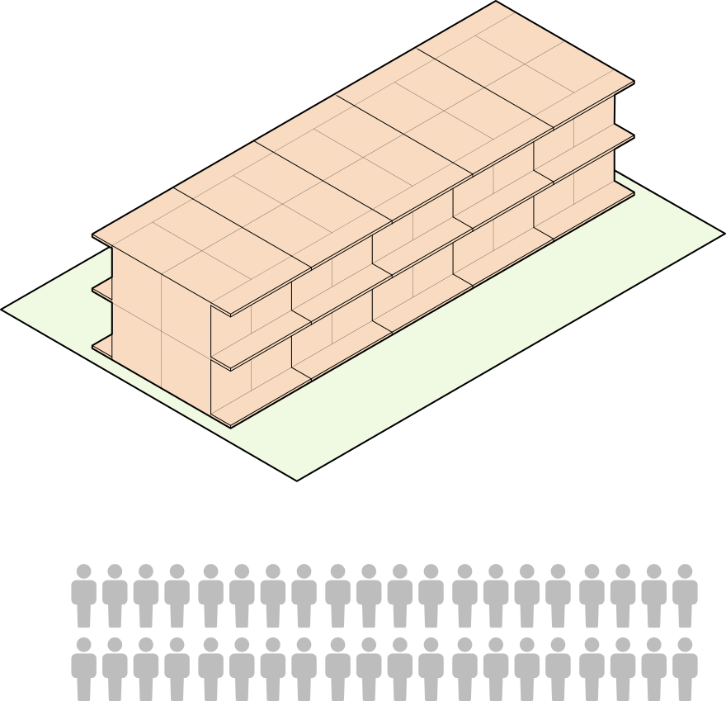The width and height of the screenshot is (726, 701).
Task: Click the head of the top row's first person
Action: coord(83,571)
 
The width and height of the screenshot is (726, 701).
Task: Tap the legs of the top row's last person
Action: coord(685,615)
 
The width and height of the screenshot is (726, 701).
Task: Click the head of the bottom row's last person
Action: coord(685,644)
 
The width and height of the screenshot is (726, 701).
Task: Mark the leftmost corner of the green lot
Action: coord(5,310)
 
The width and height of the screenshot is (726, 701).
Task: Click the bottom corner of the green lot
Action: coord(296,478)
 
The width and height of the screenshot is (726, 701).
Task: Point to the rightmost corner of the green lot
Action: coord(721,234)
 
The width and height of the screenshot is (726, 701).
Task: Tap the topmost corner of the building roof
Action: coord(496,2)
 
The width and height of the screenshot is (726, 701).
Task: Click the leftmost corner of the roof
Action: coord(94,236)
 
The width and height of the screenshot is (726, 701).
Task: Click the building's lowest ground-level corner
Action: coord(231,427)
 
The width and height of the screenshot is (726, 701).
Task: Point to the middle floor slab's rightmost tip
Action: coord(633,135)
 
